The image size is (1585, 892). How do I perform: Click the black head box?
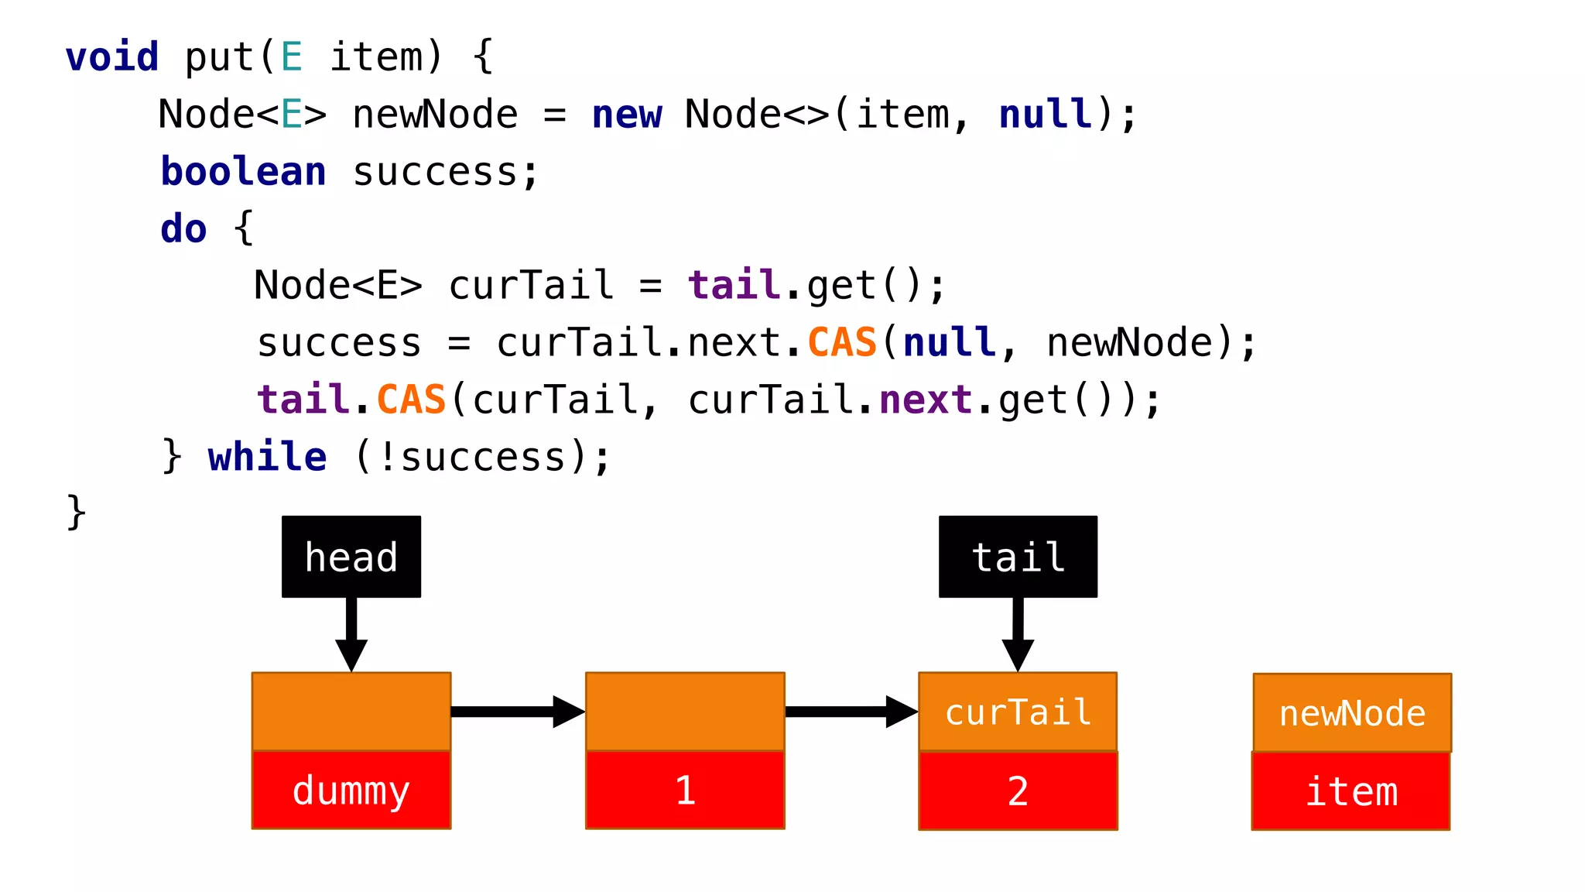351,557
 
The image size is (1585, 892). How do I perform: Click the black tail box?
1018,557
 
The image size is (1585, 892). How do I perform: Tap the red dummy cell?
351,791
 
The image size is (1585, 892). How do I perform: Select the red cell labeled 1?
685,791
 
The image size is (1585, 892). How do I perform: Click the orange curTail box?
1018,712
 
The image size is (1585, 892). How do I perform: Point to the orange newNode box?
1352,712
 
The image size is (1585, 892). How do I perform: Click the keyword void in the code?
112,57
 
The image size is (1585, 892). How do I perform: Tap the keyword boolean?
243,171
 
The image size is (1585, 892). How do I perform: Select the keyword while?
267,456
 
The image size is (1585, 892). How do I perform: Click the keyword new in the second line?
627,115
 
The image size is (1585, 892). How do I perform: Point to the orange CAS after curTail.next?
842,342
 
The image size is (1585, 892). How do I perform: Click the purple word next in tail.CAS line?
926,400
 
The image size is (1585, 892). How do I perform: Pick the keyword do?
183,228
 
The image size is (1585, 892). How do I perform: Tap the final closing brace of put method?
76,512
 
